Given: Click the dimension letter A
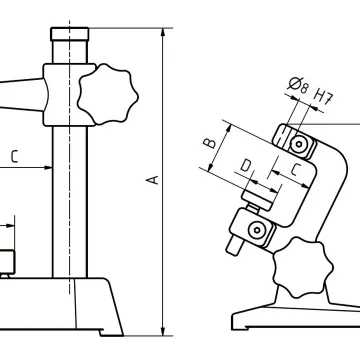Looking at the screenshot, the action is point(153,180).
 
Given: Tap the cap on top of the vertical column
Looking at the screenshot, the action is point(70,34).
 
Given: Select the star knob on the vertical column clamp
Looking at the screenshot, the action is point(108,94).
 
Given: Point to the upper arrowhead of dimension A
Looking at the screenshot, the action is point(163,32).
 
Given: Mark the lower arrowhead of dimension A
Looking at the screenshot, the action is point(163,331).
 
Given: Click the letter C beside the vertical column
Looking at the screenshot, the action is point(14,156).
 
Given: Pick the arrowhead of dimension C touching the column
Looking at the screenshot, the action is point(48,167).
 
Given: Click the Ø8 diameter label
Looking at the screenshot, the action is point(298,85).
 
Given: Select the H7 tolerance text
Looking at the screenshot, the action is point(323,97).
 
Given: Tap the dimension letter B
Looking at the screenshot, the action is point(210,143).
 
